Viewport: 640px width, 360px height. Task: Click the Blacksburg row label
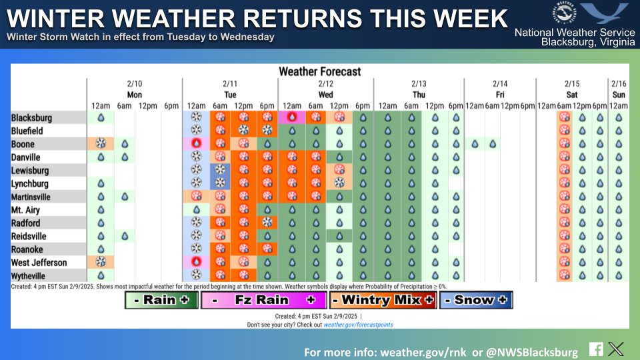click(x=31, y=118)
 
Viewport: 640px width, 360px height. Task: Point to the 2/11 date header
click(x=230, y=84)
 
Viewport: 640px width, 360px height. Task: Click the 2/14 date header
click(x=500, y=84)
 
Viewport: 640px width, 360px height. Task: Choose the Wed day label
click(x=325, y=95)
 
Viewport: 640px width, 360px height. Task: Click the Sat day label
click(x=572, y=95)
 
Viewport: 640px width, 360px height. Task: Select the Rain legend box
click(x=161, y=301)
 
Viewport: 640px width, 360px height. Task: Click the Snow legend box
click(x=475, y=301)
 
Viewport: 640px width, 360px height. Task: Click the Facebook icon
click(x=596, y=349)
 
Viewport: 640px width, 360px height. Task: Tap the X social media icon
click(x=617, y=349)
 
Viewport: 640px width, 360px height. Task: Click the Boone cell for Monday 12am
click(x=101, y=144)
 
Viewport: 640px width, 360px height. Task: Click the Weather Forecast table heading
click(x=319, y=71)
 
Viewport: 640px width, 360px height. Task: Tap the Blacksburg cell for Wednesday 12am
click(x=292, y=118)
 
